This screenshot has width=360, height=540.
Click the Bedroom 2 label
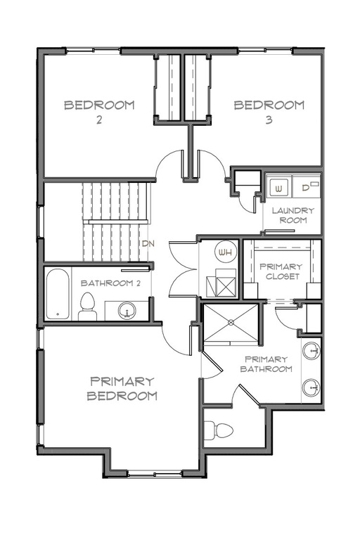(x=99, y=112)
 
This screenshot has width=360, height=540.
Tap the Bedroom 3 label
(x=269, y=112)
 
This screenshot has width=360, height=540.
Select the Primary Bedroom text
(x=122, y=388)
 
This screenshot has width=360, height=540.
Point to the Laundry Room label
(x=293, y=214)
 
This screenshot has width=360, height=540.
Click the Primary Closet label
(x=281, y=271)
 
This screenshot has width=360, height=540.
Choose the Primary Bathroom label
(x=266, y=364)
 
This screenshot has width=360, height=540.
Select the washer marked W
(x=278, y=188)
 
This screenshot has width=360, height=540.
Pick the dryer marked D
(x=307, y=188)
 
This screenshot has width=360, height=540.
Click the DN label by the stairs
(x=148, y=244)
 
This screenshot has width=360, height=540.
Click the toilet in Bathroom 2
(x=88, y=307)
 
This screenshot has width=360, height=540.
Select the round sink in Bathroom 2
(x=128, y=309)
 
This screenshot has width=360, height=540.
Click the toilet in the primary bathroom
(x=220, y=430)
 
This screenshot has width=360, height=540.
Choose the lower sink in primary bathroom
(x=310, y=386)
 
